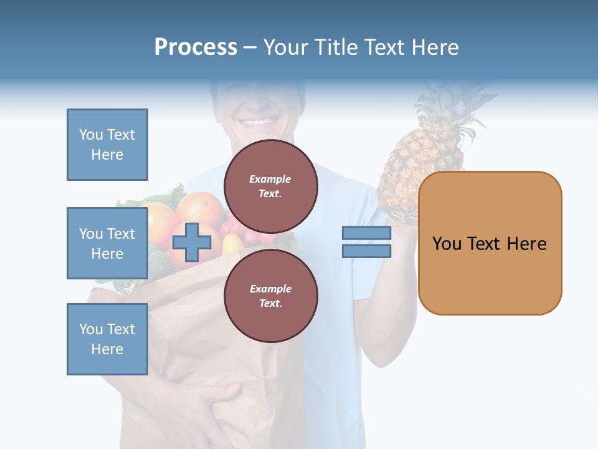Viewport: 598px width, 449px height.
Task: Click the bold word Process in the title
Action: (x=196, y=47)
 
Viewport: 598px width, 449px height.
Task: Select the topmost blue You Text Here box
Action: (x=107, y=145)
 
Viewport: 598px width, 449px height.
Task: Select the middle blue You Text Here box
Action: (x=107, y=243)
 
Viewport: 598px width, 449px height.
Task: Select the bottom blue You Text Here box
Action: (x=107, y=339)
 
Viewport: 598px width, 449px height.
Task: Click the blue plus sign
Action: (x=191, y=242)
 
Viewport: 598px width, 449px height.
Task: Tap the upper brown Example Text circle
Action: (x=270, y=186)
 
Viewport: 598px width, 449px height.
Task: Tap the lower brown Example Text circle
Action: (x=270, y=296)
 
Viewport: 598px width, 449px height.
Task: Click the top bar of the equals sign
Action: (x=366, y=233)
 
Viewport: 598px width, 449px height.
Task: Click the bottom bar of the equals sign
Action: (x=366, y=251)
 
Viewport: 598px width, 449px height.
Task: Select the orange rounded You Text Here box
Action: (x=490, y=243)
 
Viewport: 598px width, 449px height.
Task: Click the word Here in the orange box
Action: (x=526, y=243)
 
